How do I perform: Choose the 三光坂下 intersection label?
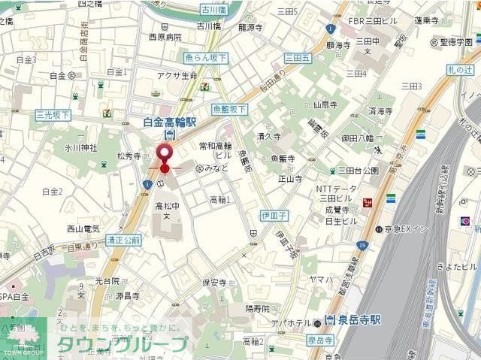[x=53, y=115]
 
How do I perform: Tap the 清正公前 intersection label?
[x=123, y=241]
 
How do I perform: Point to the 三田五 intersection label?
[x=298, y=58]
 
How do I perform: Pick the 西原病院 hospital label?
[x=165, y=37]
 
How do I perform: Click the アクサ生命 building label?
[x=177, y=75]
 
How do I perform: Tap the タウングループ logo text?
[x=134, y=343]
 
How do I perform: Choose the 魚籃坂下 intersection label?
[x=229, y=109]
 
